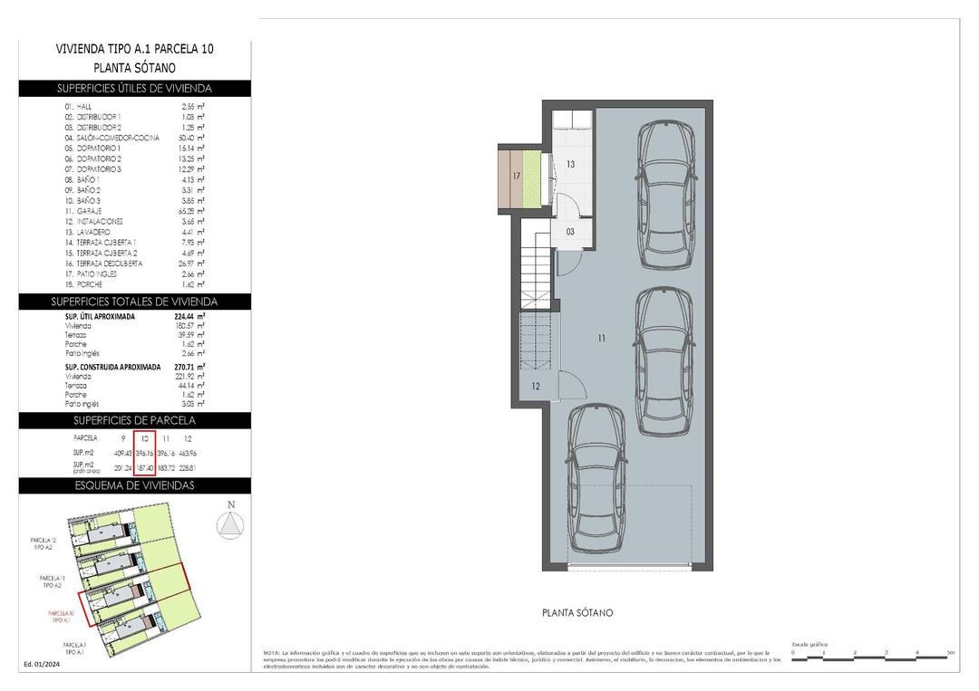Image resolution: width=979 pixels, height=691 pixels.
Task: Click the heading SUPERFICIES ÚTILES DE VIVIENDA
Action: [x=134, y=89]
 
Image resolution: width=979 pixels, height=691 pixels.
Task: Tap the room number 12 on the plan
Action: [x=535, y=387]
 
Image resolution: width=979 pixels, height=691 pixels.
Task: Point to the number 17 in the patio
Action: [x=516, y=176]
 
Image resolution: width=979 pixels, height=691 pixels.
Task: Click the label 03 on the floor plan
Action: [x=570, y=232]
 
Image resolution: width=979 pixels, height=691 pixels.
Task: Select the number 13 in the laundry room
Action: [x=571, y=165]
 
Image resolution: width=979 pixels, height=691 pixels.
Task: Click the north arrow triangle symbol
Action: [x=231, y=524]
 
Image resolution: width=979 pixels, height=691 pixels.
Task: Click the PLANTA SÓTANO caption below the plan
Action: [x=577, y=613]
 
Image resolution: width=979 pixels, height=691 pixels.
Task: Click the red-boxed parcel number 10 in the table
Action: [x=144, y=437]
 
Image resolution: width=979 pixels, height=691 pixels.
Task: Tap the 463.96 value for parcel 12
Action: [x=189, y=452]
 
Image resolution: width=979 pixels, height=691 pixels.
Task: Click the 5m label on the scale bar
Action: [x=949, y=652]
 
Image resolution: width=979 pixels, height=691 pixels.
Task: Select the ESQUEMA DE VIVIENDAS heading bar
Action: [x=134, y=485]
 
